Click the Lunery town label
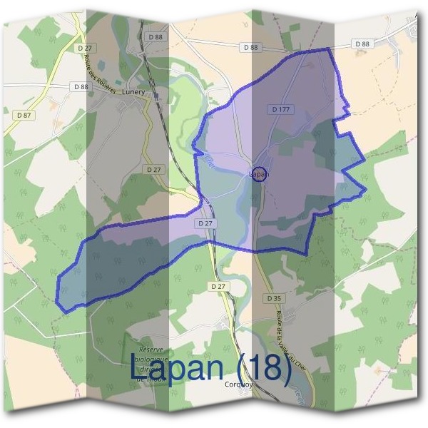point(133,92)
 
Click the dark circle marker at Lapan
point(260,173)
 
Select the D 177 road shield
point(281,110)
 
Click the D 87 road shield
point(24,114)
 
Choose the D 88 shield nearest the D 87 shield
point(81,86)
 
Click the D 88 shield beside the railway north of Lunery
point(155,36)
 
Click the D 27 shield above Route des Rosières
point(89,47)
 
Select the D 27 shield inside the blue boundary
point(205,224)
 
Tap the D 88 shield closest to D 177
point(250,47)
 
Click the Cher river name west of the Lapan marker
point(210,162)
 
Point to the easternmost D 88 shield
point(362,44)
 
